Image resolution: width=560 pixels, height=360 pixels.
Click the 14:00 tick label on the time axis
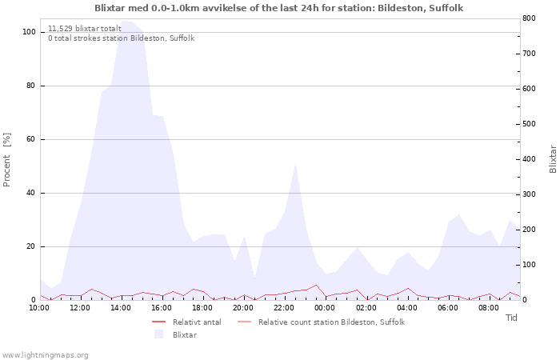(120, 307)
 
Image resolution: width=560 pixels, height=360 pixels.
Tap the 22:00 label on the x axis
(284, 307)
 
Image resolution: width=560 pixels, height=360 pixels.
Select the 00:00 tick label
(325, 307)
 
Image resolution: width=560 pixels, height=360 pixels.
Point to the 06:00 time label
(448, 307)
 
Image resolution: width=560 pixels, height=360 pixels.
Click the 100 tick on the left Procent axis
(29, 32)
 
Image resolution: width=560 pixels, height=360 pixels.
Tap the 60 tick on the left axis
(31, 139)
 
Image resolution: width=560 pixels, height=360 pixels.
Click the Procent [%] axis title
(7, 159)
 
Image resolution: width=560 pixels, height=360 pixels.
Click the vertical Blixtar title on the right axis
(553, 159)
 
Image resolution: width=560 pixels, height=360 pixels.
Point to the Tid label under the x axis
(511, 318)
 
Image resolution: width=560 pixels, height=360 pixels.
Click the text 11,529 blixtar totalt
(85, 28)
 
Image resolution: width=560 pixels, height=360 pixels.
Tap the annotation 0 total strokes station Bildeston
(121, 38)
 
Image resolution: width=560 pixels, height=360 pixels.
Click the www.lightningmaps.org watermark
(45, 355)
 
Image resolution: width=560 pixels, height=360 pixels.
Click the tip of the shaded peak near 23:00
(296, 162)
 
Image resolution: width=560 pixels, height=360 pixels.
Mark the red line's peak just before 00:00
(316, 285)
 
